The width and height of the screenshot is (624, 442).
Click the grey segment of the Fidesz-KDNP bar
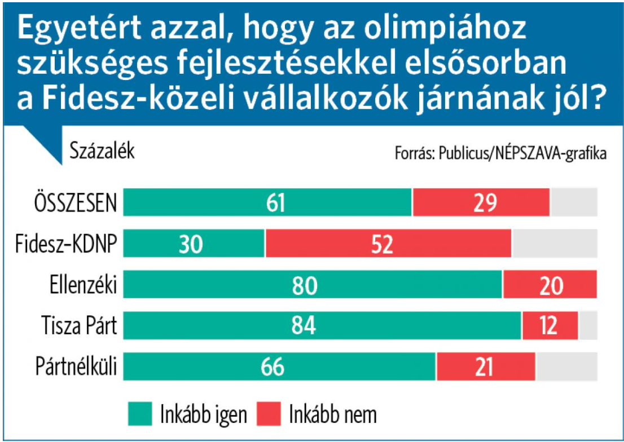click(554, 243)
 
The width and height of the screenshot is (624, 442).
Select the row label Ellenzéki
click(83, 285)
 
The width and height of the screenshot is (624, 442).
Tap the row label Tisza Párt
click(79, 326)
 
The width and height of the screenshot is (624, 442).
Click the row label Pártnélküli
click(76, 367)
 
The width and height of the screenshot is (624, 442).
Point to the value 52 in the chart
click(388, 244)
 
